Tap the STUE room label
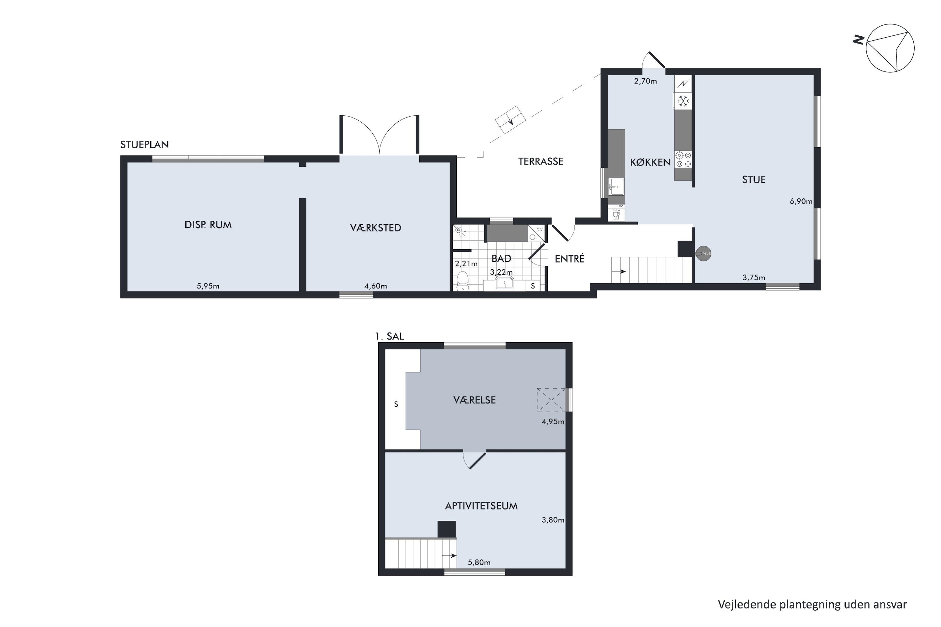pyautogui.click(x=754, y=180)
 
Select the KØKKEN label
pyautogui.click(x=650, y=162)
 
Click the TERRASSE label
pyautogui.click(x=540, y=161)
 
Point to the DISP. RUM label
pyautogui.click(x=208, y=225)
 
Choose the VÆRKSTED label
pyautogui.click(x=375, y=228)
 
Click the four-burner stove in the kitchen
pyautogui.click(x=683, y=159)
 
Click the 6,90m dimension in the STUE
pyautogui.click(x=801, y=202)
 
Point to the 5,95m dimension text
pyautogui.click(x=208, y=286)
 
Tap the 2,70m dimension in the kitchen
pyautogui.click(x=645, y=81)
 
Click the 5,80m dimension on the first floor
pyautogui.click(x=479, y=562)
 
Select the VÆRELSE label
pyautogui.click(x=475, y=400)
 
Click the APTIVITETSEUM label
pyautogui.click(x=481, y=506)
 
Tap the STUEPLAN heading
pyautogui.click(x=144, y=144)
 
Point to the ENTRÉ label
pyautogui.click(x=570, y=259)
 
